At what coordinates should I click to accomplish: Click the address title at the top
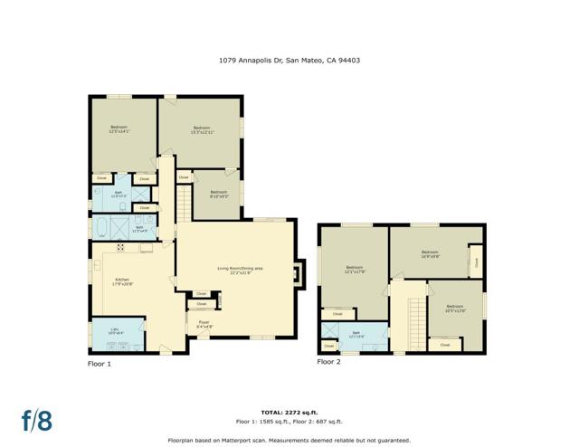click(289, 61)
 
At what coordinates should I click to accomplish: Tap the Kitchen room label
click(124, 281)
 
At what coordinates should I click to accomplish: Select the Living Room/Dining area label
click(240, 269)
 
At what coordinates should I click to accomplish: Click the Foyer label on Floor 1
click(204, 322)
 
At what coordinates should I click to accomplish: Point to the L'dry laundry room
click(115, 331)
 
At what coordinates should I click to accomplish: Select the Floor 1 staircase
click(185, 202)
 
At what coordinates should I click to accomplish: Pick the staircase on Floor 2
click(416, 316)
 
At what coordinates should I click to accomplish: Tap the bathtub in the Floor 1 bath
click(105, 226)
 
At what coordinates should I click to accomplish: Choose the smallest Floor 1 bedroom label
click(219, 194)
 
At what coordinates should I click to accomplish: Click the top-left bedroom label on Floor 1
click(119, 128)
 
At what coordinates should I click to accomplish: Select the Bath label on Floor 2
click(356, 335)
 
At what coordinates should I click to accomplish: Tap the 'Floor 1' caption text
click(99, 364)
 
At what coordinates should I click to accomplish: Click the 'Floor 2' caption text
click(328, 361)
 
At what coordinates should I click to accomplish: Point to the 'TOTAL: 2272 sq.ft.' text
click(289, 412)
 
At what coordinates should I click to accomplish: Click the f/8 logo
click(38, 420)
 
